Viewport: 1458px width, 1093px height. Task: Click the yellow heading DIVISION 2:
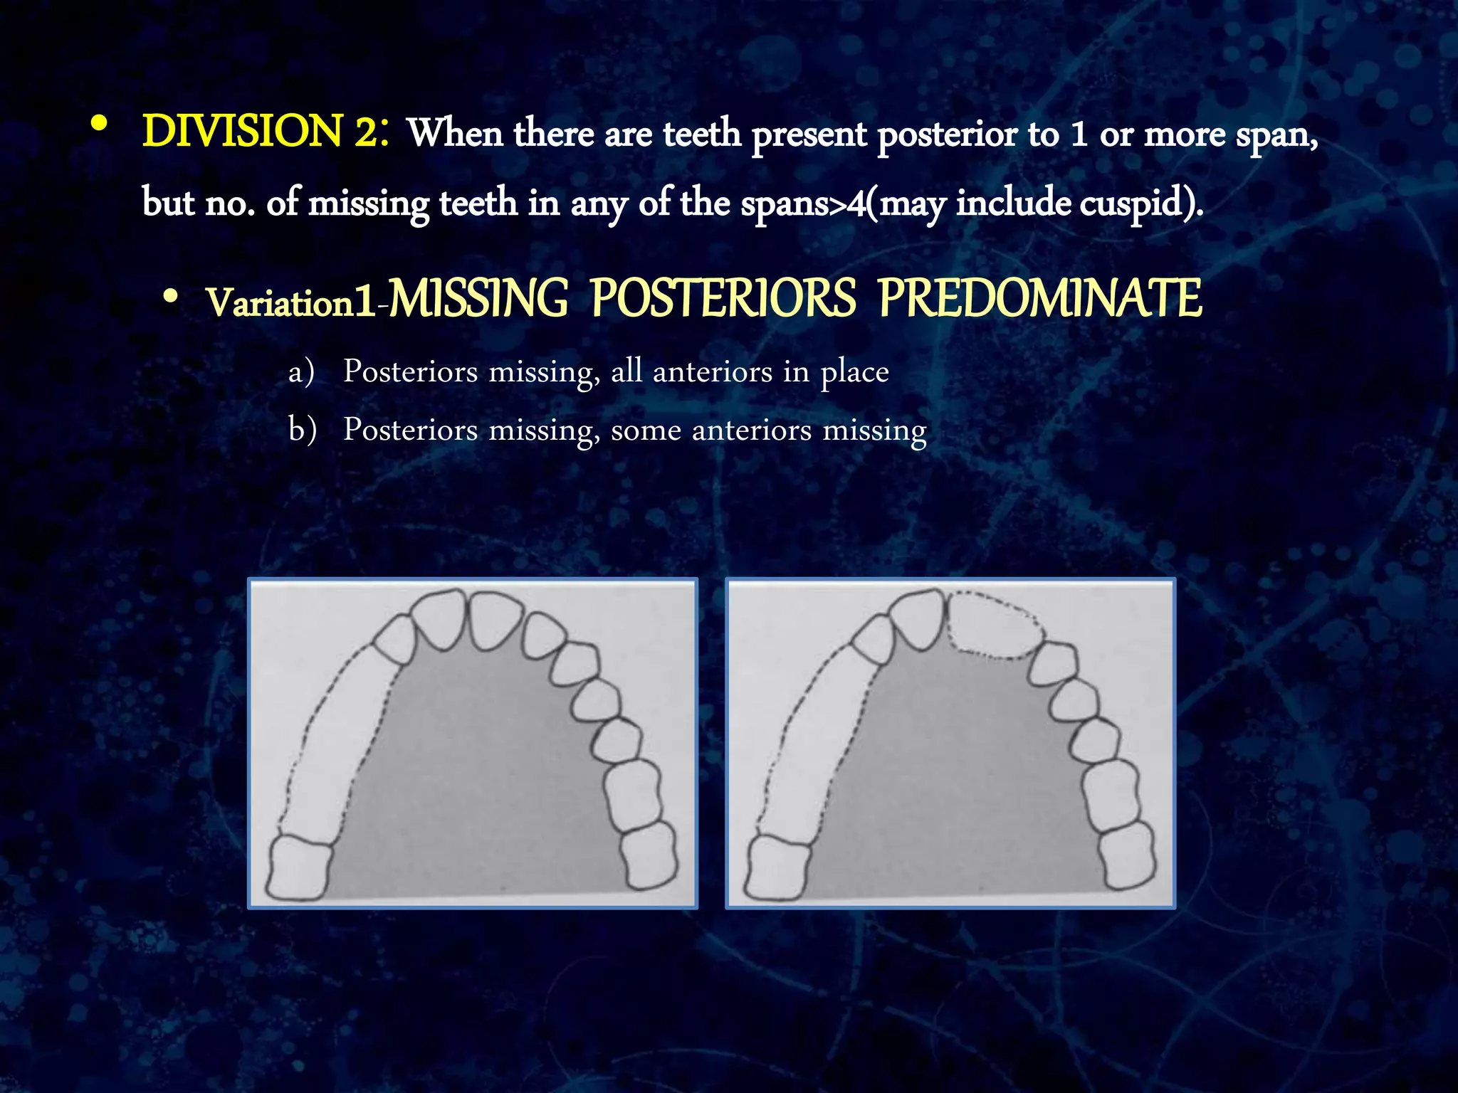click(265, 132)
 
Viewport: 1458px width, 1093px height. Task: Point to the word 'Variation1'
click(290, 303)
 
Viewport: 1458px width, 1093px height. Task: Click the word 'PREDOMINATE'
click(1040, 299)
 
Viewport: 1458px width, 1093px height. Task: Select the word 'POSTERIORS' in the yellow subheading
click(723, 299)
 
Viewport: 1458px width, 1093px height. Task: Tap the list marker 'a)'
click(301, 372)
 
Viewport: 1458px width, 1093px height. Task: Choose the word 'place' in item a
click(854, 372)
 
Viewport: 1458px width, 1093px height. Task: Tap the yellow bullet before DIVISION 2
click(100, 125)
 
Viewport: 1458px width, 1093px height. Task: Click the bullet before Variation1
click(169, 297)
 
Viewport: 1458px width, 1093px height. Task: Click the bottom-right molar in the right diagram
click(1126, 856)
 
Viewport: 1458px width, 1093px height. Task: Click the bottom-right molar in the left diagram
click(648, 856)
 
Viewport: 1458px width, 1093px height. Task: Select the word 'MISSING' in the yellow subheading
click(478, 299)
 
